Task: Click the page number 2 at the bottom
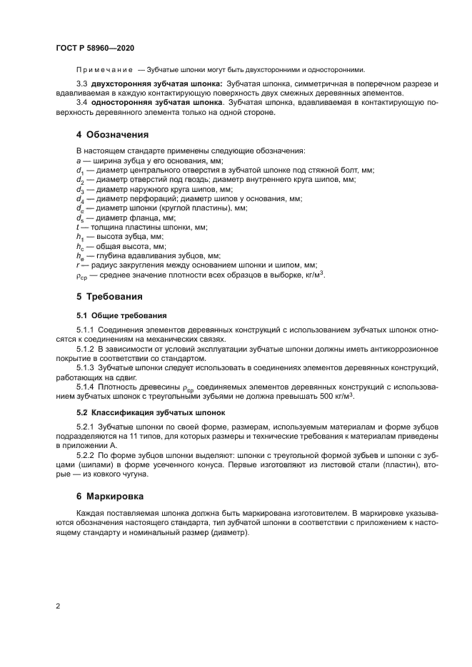(x=58, y=606)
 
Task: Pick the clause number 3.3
(x=81, y=84)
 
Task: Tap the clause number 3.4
(x=81, y=104)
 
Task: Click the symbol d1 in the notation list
(x=80, y=171)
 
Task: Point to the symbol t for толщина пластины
(x=78, y=227)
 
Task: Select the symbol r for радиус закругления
(x=78, y=264)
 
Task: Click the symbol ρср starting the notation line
(x=81, y=274)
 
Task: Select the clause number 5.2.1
(x=86, y=426)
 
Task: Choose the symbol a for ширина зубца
(x=78, y=162)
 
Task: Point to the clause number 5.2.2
(x=86, y=454)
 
